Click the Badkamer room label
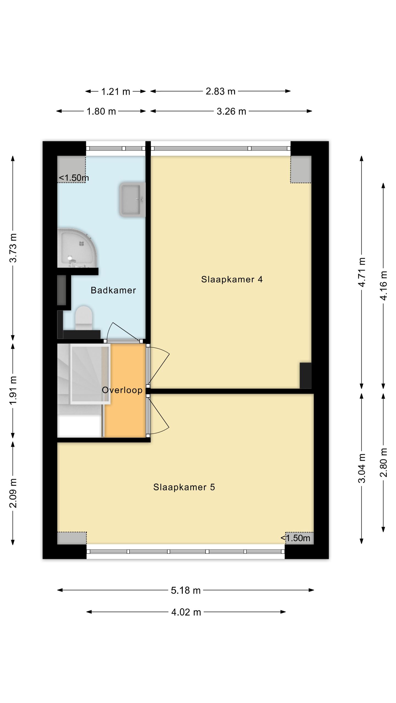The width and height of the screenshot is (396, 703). (113, 290)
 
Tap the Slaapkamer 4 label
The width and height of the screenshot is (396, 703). (232, 279)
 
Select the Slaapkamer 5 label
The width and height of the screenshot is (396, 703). (184, 487)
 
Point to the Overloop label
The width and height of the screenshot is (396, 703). (122, 390)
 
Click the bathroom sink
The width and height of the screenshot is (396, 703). (132, 200)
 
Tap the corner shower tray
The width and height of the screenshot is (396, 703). (77, 248)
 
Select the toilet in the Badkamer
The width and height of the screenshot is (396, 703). (84, 318)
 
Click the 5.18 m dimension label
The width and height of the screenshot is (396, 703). (186, 590)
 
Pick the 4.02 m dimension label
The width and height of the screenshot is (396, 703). (186, 612)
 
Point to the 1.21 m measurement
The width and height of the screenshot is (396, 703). (116, 91)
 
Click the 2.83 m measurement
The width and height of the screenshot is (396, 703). (221, 91)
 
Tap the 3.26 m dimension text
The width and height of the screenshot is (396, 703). (231, 111)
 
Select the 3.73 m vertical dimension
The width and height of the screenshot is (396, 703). (13, 248)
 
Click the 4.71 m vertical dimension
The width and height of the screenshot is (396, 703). (362, 272)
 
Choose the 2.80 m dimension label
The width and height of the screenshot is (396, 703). (384, 462)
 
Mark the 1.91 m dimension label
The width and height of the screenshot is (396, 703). (13, 390)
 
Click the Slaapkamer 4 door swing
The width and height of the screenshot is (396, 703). (159, 366)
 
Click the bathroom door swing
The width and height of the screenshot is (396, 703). (123, 332)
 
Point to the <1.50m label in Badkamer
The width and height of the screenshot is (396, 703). (74, 178)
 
